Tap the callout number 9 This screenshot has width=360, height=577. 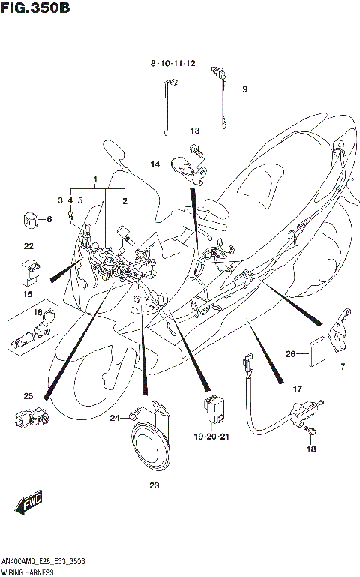point(244,89)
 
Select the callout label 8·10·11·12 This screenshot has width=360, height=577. point(172,64)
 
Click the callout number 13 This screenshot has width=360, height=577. point(194,131)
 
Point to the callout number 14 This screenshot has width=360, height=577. point(154,164)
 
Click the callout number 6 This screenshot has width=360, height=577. point(49,219)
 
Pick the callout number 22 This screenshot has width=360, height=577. point(28,246)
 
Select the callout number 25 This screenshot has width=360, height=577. point(28,395)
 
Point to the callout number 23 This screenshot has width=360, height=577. point(154,486)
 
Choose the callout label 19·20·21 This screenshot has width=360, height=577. point(211,434)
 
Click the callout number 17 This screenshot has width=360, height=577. point(297,389)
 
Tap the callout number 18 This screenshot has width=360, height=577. point(310,449)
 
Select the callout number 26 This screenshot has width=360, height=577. point(290,353)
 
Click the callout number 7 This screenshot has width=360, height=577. point(343,367)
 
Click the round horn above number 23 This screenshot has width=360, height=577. point(154,443)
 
